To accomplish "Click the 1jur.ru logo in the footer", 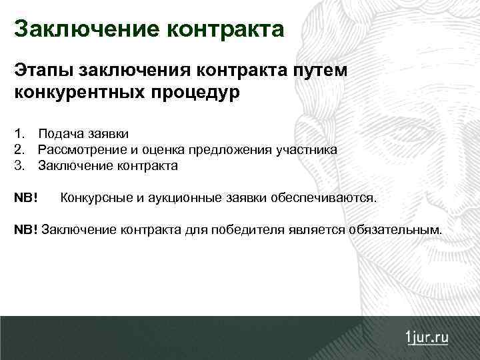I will click(x=427, y=337).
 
